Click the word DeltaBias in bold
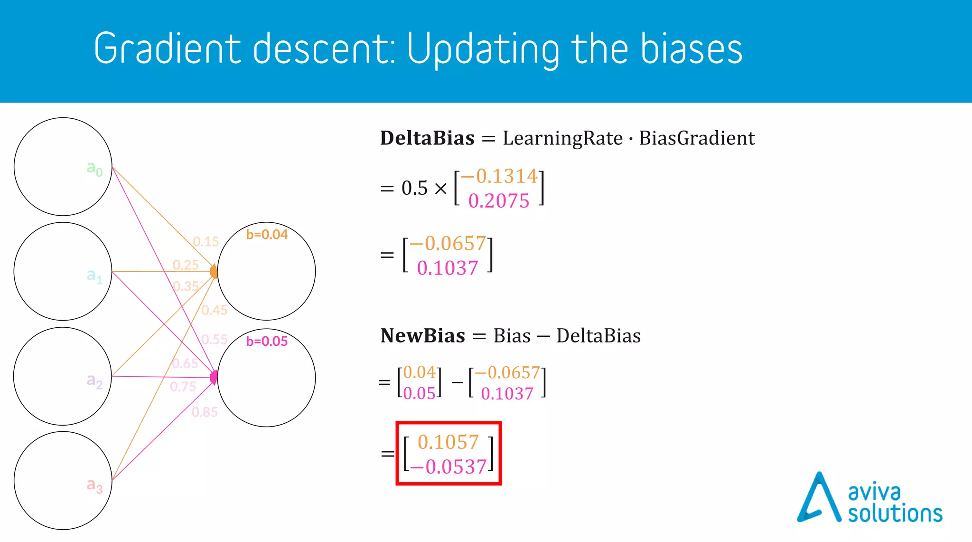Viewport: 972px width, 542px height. coord(427,138)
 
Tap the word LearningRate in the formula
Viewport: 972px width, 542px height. coord(562,138)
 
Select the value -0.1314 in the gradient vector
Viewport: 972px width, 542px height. coord(499,176)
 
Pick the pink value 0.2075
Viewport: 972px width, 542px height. coord(498,201)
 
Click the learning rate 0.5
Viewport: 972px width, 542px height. coord(414,188)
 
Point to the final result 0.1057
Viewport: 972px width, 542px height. coord(448,442)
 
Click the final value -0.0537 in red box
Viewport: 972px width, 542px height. coord(449,467)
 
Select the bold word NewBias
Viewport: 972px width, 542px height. coord(422,336)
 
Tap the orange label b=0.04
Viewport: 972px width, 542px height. coord(267,235)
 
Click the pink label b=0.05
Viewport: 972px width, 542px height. coord(267,342)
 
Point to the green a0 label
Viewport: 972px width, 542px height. coord(94,168)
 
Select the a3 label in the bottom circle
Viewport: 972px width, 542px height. coord(94,485)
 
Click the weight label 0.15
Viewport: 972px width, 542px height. coord(206,242)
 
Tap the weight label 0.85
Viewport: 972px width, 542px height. coord(205,412)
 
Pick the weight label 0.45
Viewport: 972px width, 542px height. coord(215,311)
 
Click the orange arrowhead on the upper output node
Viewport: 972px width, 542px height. coord(214,272)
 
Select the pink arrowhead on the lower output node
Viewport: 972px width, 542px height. coord(214,377)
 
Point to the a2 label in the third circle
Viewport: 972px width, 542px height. coord(94,380)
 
